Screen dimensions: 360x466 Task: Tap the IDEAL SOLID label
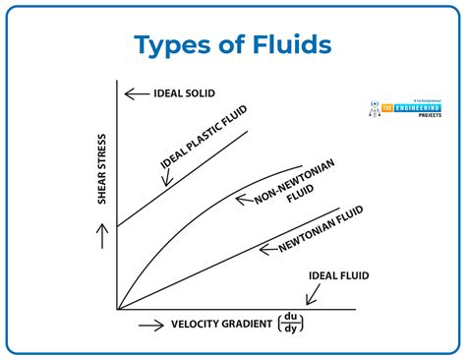186,94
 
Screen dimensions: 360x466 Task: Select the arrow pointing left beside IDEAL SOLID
135,94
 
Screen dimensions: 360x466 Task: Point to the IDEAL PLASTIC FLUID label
201,138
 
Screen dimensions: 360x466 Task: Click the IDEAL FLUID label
338,275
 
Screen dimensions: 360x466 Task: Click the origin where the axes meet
118,309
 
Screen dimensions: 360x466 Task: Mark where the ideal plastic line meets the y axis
118,227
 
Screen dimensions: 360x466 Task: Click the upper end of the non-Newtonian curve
301,164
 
